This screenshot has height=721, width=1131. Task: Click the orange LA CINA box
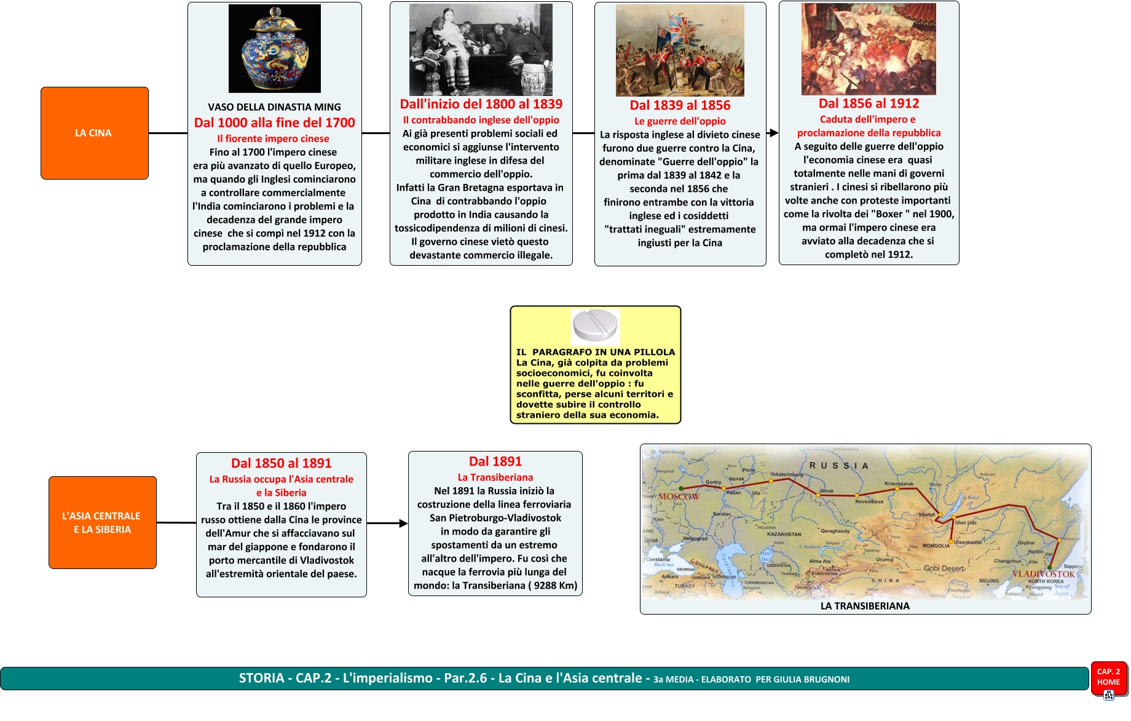coord(94,133)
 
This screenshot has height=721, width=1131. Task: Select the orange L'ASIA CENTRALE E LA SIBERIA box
coord(102,522)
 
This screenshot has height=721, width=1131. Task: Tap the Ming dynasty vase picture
coord(274,49)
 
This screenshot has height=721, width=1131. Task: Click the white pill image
coord(595,324)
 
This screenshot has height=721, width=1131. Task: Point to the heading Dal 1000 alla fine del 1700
coord(274,122)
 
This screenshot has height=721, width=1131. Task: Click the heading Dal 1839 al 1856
coord(680,105)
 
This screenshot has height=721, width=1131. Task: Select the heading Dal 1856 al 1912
coord(869,103)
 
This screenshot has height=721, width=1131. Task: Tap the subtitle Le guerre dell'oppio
coord(680,121)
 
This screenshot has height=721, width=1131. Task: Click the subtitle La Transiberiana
coord(495,477)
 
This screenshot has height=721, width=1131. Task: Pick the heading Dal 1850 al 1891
coord(281,463)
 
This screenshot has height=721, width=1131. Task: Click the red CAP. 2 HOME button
coord(1108,677)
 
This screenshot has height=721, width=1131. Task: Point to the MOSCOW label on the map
coord(679,496)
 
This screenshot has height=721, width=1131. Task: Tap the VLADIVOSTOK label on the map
coord(1043,574)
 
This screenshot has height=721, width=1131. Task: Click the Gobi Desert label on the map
coord(944,568)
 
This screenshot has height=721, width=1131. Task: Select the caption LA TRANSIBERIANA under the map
coord(865,606)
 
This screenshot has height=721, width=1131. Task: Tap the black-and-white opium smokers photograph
coord(481,49)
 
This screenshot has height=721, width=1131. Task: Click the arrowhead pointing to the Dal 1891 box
coord(403,524)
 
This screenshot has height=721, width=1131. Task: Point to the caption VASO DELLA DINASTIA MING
coord(274,107)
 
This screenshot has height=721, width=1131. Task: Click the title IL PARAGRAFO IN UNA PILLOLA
coord(595,352)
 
